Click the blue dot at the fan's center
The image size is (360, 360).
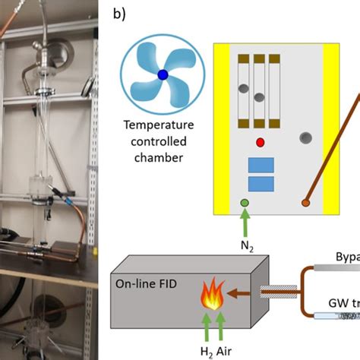point(163,74)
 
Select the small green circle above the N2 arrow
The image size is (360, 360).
point(245,203)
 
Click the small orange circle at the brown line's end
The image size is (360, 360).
point(305,203)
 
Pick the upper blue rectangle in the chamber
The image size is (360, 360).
point(261,166)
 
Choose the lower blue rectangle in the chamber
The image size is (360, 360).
point(261,183)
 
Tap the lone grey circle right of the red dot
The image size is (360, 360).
point(305,138)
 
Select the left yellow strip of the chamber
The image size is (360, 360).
point(221,125)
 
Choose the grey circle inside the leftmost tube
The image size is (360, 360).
point(242,89)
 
